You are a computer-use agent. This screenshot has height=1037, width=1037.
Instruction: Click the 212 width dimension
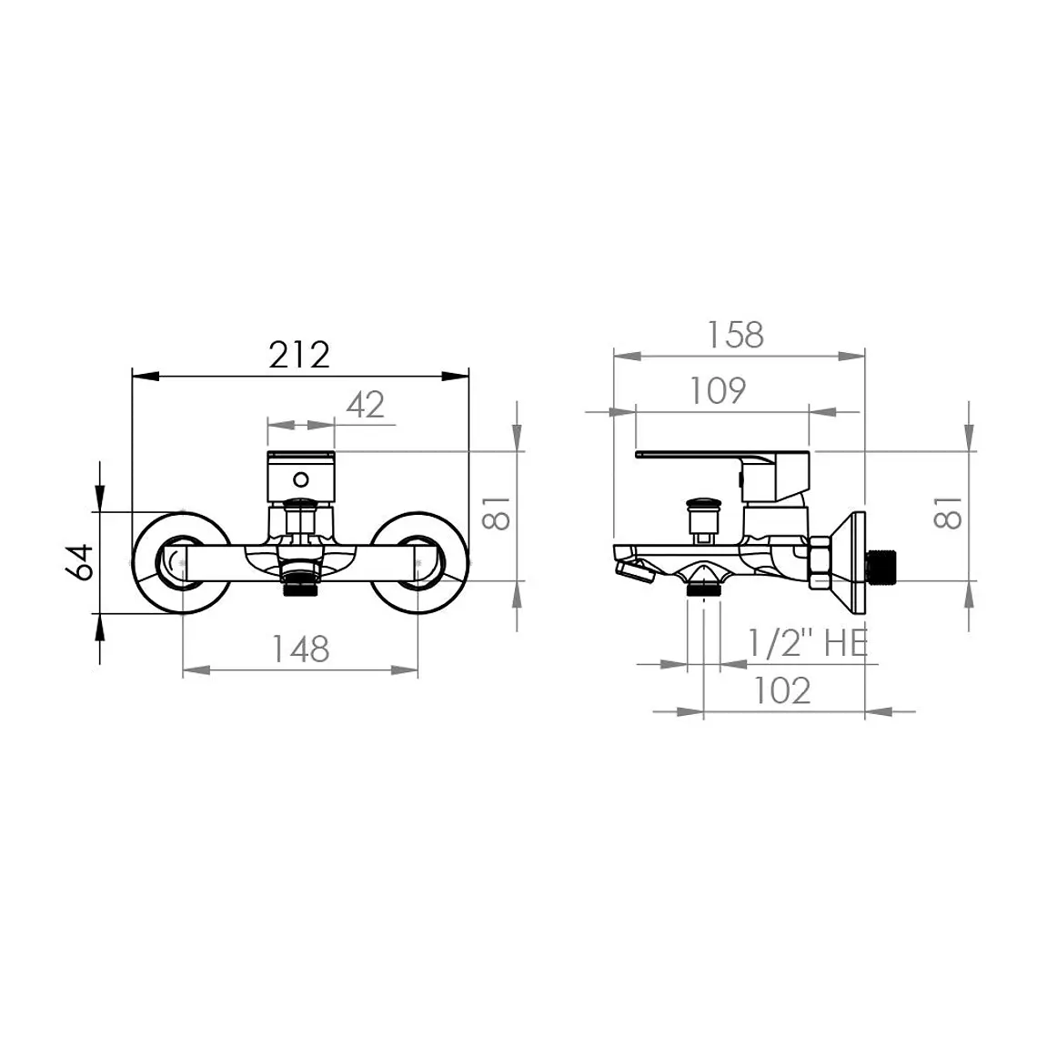(299, 355)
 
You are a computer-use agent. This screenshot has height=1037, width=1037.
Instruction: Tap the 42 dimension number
(365, 404)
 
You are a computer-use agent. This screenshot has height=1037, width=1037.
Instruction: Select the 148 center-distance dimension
(301, 649)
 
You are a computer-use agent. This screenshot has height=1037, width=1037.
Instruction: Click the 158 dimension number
(735, 335)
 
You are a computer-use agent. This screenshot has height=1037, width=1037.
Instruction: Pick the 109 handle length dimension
(719, 390)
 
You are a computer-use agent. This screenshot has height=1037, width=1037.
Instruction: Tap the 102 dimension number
(782, 690)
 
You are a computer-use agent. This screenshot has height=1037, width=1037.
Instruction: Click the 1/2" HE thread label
(808, 642)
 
